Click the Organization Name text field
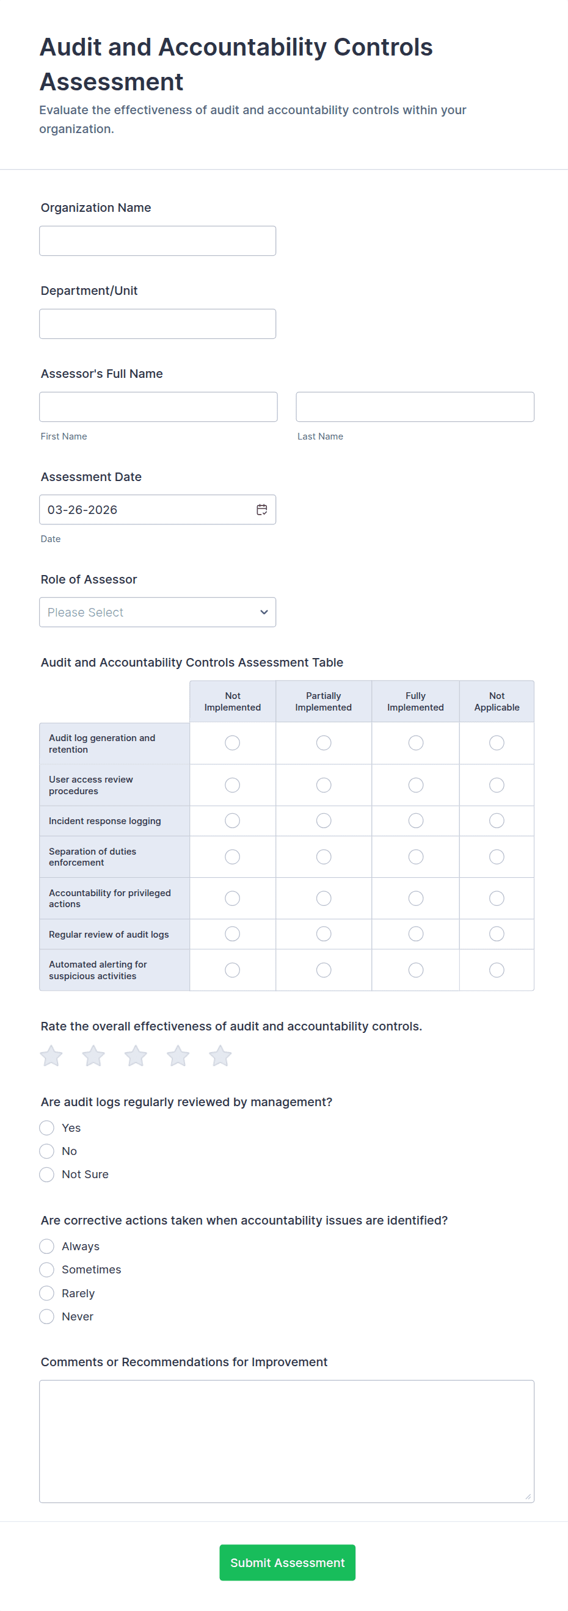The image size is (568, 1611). [157, 241]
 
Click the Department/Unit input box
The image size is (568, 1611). [157, 324]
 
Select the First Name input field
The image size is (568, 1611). [158, 407]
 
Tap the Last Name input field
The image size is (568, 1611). [415, 407]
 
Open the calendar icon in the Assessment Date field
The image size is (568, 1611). [262, 510]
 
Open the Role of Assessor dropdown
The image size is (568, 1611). [157, 612]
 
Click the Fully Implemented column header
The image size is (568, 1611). [415, 701]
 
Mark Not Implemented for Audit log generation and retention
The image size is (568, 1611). [233, 743]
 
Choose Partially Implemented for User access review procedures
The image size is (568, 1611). [324, 785]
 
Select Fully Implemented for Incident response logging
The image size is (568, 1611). [416, 820]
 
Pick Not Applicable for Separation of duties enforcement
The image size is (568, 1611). [497, 857]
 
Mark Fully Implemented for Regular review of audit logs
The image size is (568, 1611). [416, 934]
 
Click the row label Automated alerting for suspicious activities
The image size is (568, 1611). [98, 970]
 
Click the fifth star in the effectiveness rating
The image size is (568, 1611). [220, 1056]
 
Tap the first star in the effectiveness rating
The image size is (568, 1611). [51, 1056]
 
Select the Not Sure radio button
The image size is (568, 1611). [47, 1175]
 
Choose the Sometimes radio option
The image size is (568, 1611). [47, 1270]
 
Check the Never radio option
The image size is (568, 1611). [47, 1316]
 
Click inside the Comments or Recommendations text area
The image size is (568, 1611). [286, 1441]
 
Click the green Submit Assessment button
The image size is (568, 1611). [287, 1562]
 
